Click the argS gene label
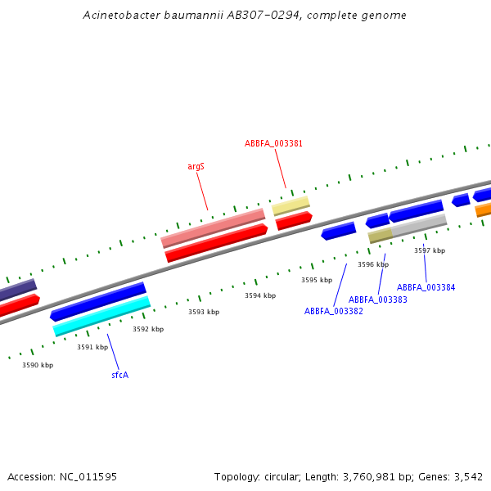[196, 166]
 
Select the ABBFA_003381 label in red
[273, 143]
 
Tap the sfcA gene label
[119, 375]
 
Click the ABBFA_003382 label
[334, 311]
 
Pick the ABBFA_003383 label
[378, 300]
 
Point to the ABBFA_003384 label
[426, 287]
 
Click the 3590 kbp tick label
[38, 365]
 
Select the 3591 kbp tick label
[92, 347]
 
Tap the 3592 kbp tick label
[148, 329]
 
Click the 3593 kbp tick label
[204, 312]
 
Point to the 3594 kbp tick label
[260, 295]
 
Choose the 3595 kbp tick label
[317, 280]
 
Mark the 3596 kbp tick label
[373, 264]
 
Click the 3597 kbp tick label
[430, 250]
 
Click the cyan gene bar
[101, 316]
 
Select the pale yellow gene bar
[291, 205]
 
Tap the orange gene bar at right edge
[483, 209]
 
